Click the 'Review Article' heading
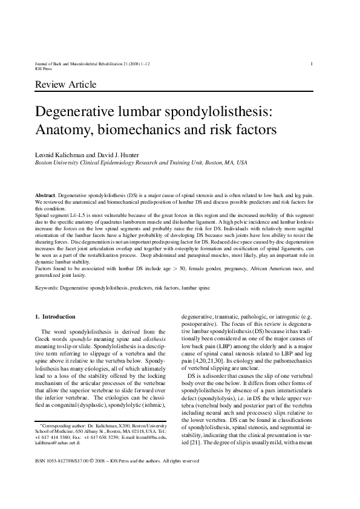pos(66,84)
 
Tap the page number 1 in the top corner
pos(311,63)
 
